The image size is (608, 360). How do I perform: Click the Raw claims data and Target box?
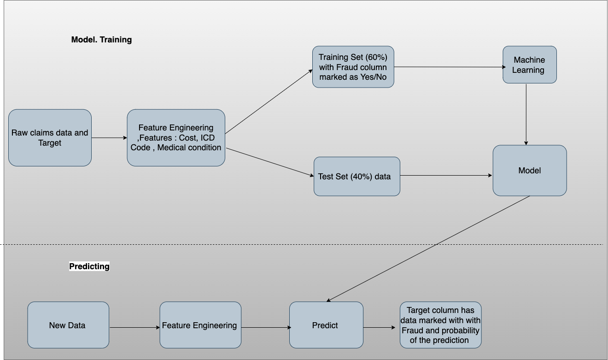[50, 138]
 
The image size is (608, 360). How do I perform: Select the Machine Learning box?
[529, 65]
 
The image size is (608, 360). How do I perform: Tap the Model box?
[529, 171]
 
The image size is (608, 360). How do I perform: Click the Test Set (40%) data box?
[357, 177]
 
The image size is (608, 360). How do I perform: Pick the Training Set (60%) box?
[353, 67]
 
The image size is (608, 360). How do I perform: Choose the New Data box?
[68, 325]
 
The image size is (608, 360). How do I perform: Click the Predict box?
[326, 325]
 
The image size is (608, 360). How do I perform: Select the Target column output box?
[440, 325]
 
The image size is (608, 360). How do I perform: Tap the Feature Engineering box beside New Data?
[200, 325]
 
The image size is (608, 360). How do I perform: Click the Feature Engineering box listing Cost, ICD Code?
[176, 138]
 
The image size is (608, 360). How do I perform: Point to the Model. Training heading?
[101, 40]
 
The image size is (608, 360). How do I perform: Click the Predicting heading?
[89, 266]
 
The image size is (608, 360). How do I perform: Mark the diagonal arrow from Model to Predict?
[428, 249]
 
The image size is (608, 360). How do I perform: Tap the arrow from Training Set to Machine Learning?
[448, 67]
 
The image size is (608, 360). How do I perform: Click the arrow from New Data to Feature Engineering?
[134, 328]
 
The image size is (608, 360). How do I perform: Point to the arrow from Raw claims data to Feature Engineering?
[109, 138]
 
